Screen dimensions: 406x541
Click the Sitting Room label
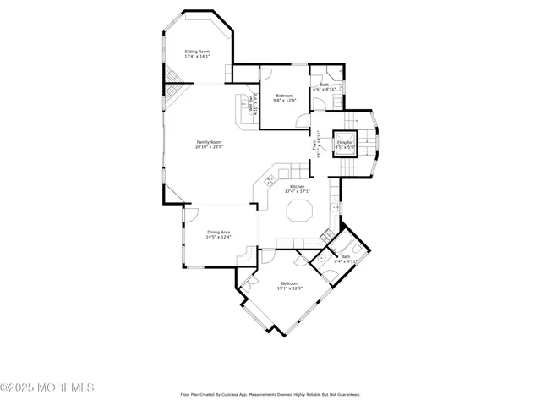(x=197, y=52)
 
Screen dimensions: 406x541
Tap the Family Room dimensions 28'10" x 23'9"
(x=209, y=147)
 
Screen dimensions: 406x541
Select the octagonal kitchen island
(x=298, y=211)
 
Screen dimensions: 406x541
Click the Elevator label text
(x=345, y=142)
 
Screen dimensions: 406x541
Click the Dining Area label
(x=218, y=232)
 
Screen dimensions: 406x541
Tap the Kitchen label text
(x=297, y=186)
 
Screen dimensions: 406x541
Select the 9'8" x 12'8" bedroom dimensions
(x=284, y=101)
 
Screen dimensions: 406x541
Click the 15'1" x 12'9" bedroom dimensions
(x=290, y=288)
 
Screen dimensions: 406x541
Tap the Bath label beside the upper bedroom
(x=324, y=85)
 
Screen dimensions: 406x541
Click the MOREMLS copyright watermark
(x=47, y=387)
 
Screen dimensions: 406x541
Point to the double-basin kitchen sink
(x=270, y=179)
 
